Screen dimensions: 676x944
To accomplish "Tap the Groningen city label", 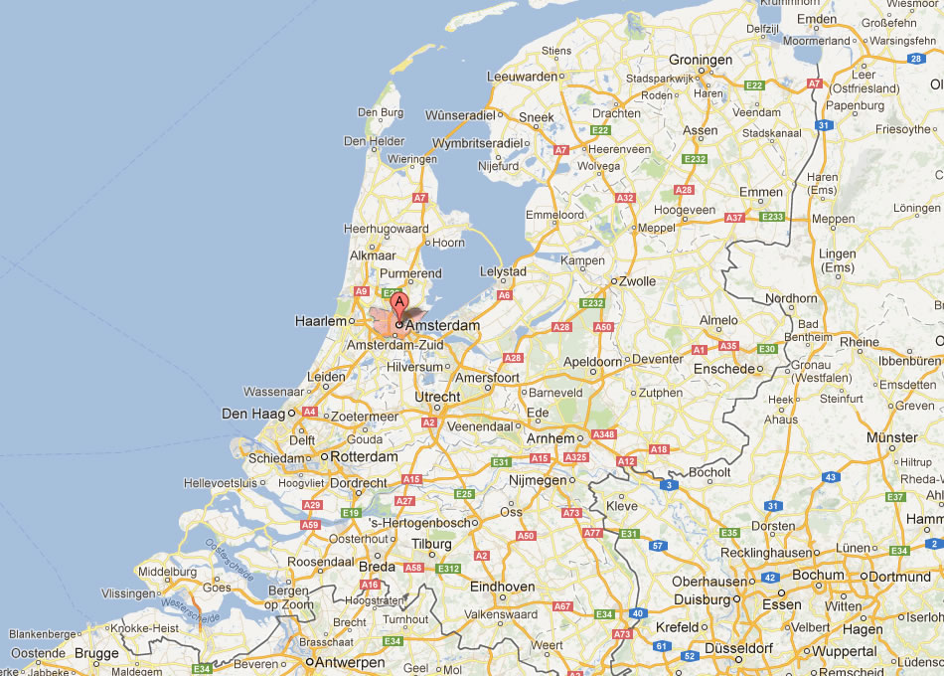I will pos(701,60).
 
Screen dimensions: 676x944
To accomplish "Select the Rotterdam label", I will pos(364,456).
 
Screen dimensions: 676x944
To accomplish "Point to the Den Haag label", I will pos(252,413).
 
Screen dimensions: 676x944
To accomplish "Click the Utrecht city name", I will pos(437,397).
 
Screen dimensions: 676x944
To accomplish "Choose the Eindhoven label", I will pos(502,587).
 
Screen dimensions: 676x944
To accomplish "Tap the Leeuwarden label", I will pos(522,76).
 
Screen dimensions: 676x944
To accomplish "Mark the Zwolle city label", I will pos(637,281).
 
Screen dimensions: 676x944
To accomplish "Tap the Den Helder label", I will pos(375,141).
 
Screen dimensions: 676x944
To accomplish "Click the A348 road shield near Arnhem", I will pos(603,434).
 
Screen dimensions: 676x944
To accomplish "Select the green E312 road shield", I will pos(448,569).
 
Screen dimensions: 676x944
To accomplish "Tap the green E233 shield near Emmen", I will pos(772,217).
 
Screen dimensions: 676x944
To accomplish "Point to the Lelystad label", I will pos(503,271).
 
